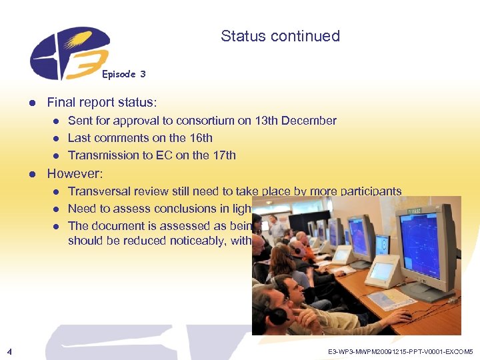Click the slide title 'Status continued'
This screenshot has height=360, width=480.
coord(280,36)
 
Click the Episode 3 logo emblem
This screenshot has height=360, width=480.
coord(67,53)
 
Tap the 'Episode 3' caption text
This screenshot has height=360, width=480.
coord(124,74)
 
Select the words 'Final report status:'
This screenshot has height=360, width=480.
coord(102,103)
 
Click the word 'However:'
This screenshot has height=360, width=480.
coord(75,174)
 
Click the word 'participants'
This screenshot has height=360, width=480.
coord(371,191)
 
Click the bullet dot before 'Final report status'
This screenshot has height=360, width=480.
coord(31,103)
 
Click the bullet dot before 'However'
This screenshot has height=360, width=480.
coord(31,175)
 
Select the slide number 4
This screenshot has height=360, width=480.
coord(7,350)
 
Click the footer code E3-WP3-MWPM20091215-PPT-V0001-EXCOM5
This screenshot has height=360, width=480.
coord(401,351)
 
